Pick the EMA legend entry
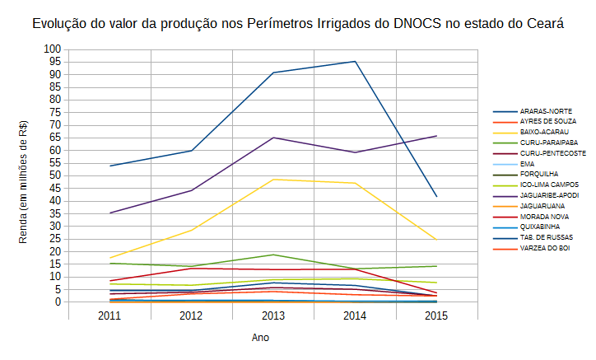528,164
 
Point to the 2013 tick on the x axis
273,316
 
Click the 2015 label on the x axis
436,316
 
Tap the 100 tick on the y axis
54,49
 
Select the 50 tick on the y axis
56,175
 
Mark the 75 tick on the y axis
56,113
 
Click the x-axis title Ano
260,338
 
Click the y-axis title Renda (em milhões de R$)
24,180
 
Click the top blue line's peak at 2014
355,62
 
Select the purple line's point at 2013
273,138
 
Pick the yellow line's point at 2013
273,180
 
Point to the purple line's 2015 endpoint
436,136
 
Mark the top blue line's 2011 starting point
110,166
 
